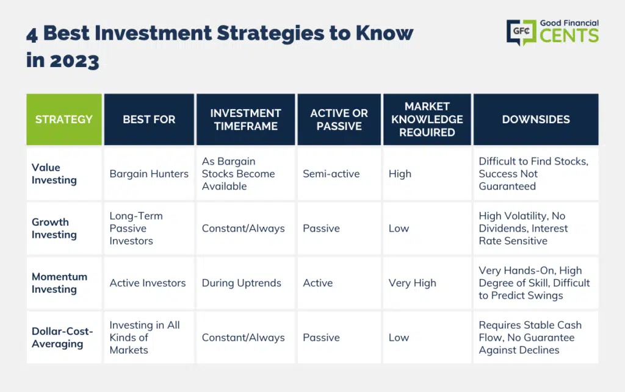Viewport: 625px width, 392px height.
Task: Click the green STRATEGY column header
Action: pyautogui.click(x=64, y=119)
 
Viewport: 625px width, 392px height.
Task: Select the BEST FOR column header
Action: pyautogui.click(x=149, y=119)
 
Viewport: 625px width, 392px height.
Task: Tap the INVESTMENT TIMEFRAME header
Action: pyautogui.click(x=245, y=119)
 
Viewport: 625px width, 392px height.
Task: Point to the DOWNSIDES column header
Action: pyautogui.click(x=536, y=119)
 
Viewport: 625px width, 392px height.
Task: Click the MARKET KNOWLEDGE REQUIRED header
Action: pyautogui.click(x=427, y=119)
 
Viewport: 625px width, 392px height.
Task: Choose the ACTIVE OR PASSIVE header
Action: pyautogui.click(x=339, y=119)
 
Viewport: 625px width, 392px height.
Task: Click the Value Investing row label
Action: pyautogui.click(x=54, y=174)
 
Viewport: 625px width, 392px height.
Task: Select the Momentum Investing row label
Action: pyautogui.click(x=59, y=283)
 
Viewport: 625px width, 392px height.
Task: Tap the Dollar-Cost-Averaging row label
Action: pyautogui.click(x=62, y=338)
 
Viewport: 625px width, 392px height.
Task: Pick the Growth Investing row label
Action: pyautogui.click(x=54, y=229)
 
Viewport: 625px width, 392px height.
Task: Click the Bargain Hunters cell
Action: pyautogui.click(x=149, y=174)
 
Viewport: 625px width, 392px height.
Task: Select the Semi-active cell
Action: pyautogui.click(x=331, y=174)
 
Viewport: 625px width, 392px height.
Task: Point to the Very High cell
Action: pyautogui.click(x=413, y=283)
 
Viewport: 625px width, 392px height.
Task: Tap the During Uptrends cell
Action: pyautogui.click(x=242, y=283)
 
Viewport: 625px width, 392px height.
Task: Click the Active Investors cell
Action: pyautogui.click(x=148, y=283)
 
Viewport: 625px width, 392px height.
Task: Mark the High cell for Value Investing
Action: pyautogui.click(x=400, y=174)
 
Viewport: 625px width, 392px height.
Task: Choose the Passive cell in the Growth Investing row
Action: pyautogui.click(x=321, y=229)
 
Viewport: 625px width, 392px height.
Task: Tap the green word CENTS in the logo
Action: pyautogui.click(x=569, y=35)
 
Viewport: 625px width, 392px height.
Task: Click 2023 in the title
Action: pyautogui.click(x=74, y=62)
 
